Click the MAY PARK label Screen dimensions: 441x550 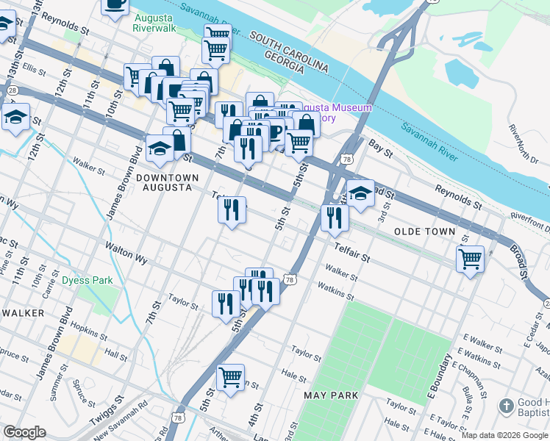331,395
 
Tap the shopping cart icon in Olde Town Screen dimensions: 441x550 470,259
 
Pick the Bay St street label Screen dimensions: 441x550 379,147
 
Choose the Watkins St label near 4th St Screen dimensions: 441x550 336,293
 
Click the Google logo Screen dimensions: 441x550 24,432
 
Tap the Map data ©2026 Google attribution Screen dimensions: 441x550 504,435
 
